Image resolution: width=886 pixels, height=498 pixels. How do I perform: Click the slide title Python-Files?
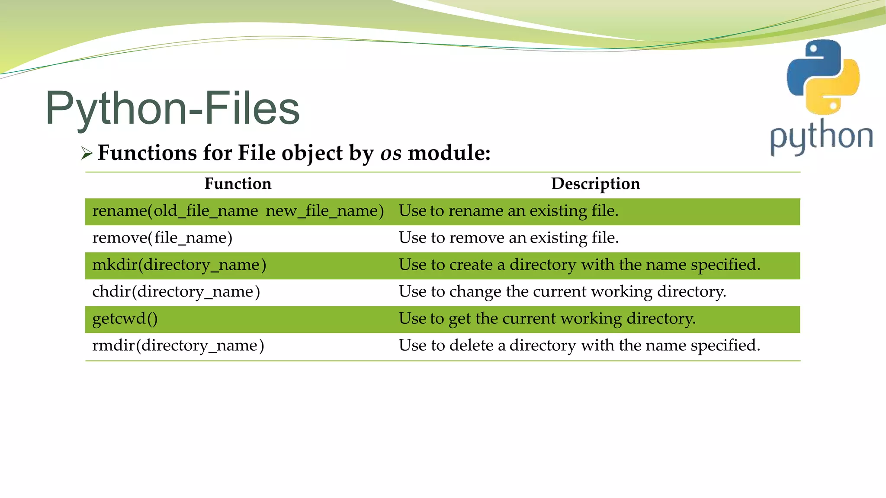[x=172, y=108]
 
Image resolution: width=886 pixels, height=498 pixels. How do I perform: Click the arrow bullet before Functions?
[x=87, y=153]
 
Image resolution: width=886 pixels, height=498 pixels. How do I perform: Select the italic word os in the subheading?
[x=391, y=153]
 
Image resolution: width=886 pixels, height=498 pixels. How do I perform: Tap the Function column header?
[x=238, y=184]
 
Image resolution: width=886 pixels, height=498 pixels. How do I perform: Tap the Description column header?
[x=595, y=184]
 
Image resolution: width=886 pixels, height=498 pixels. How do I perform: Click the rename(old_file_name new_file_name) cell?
[x=238, y=211]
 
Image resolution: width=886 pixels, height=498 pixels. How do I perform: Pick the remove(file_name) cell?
[x=162, y=238]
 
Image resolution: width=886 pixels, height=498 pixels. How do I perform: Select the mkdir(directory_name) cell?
[x=179, y=265]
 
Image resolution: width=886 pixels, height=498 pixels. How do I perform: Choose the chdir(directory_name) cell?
[x=176, y=292]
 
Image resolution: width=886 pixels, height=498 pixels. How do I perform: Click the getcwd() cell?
[x=125, y=319]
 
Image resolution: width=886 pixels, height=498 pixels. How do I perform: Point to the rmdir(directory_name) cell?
[x=178, y=345]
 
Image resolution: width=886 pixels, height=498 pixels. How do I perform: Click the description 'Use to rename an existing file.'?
[x=508, y=211]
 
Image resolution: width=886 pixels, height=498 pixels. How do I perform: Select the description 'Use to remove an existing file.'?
[x=508, y=238]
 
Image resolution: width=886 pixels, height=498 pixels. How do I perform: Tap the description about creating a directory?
[x=579, y=265]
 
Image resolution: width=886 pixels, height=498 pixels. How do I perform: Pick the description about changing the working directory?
[x=562, y=292]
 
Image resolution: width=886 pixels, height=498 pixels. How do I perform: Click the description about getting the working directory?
[x=547, y=319]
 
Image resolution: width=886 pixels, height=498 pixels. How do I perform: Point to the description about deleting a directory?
[x=579, y=345]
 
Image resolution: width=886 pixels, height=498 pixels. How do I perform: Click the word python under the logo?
[x=821, y=137]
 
